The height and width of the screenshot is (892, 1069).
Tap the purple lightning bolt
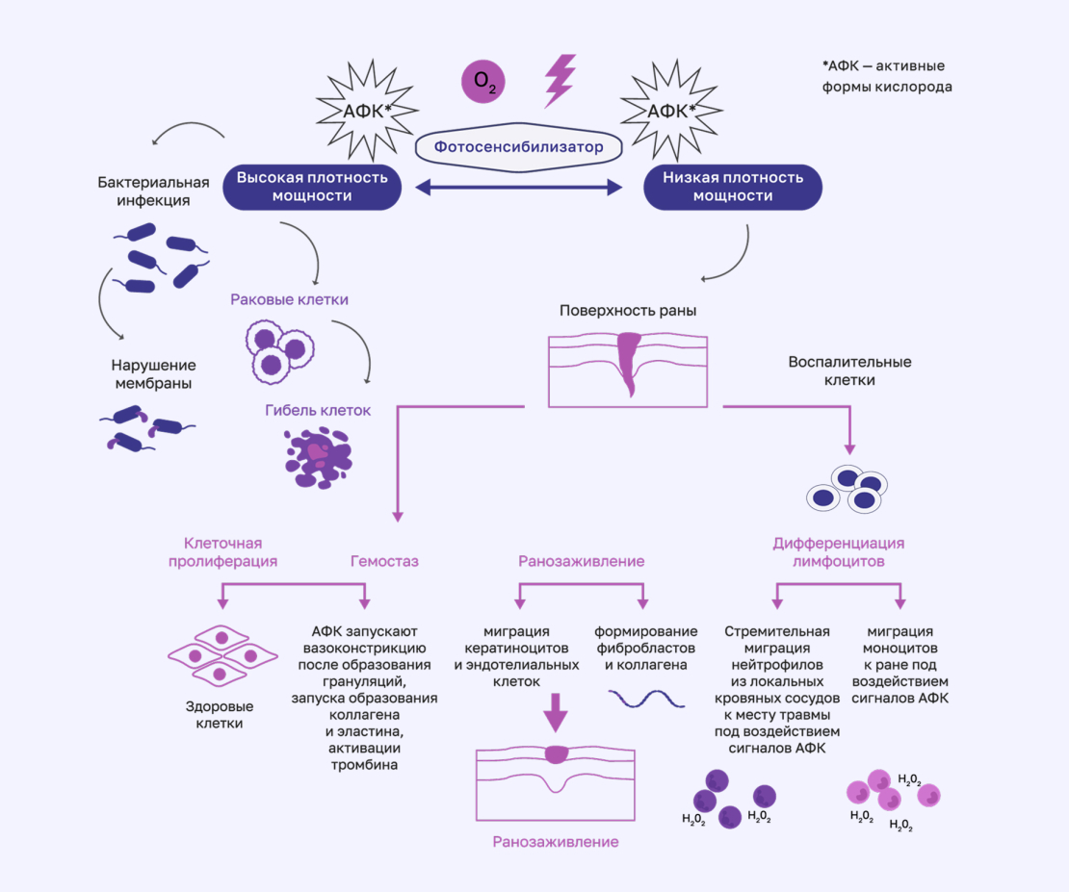coord(560,79)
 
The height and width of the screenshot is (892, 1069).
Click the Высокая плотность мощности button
coord(312,187)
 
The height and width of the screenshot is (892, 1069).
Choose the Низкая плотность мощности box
coord(733,187)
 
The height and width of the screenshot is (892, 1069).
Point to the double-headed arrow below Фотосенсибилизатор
coord(518,189)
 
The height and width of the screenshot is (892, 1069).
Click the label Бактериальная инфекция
coord(153,191)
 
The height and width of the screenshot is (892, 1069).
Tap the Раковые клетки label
coord(289,299)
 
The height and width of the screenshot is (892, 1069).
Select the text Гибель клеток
coord(318,410)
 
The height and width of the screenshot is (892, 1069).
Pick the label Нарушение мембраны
coord(153,374)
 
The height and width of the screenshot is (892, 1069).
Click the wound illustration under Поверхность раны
coord(628,370)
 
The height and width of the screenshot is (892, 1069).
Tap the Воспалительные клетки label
coord(849,370)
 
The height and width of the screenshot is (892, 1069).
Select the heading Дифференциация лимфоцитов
coord(839,551)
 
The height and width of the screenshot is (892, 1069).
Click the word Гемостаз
coord(383,561)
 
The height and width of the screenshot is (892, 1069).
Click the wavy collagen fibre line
coord(645,698)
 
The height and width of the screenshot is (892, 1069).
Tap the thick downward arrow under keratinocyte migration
coord(556,716)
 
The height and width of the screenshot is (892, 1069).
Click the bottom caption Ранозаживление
coord(556,842)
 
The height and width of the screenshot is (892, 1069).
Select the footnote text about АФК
coord(887,76)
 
